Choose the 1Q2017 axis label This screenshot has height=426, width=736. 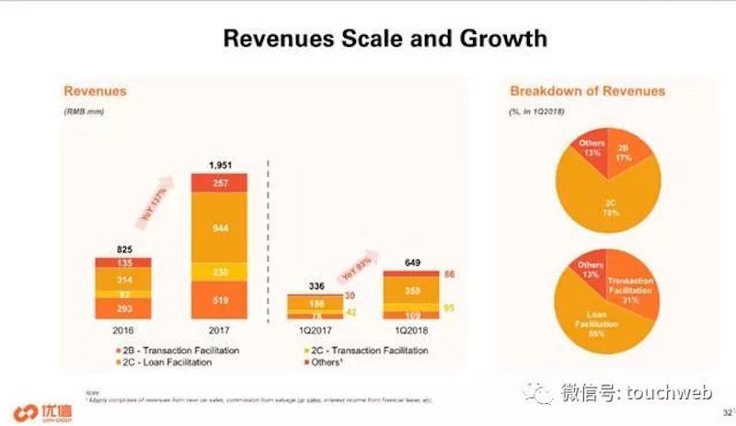(315, 328)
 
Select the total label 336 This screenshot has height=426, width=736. (315, 284)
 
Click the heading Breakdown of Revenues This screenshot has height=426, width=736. (587, 91)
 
